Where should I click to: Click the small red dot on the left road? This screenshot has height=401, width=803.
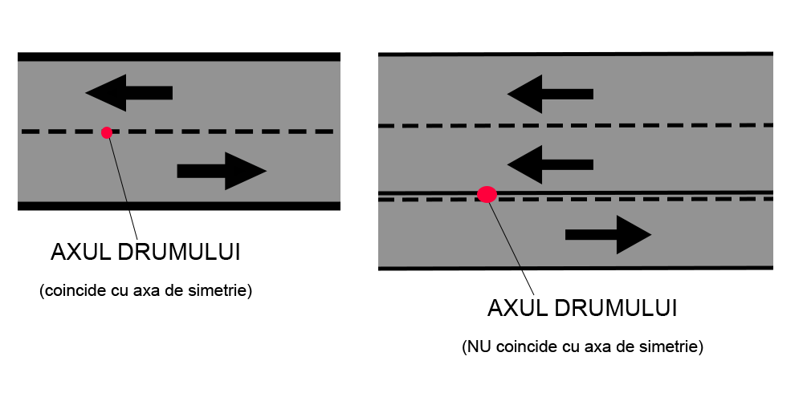point(107,132)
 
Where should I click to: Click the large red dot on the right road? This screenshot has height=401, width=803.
point(487,194)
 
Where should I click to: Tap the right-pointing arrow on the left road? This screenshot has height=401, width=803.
point(222,171)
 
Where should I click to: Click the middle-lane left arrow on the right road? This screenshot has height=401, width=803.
point(550,164)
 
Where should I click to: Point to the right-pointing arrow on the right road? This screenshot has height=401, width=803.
point(608,234)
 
